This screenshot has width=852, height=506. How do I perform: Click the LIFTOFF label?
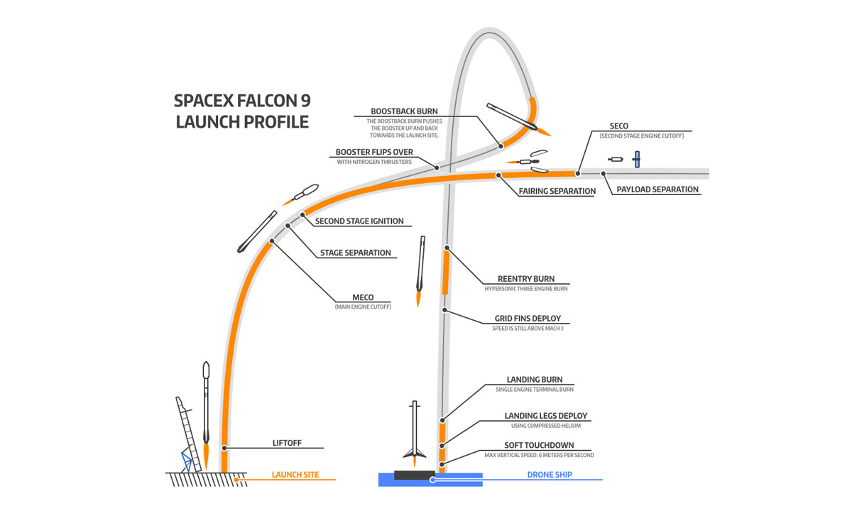tap(287, 443)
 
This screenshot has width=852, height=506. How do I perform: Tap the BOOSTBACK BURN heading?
tap(404, 111)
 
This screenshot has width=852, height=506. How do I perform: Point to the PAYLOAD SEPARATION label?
tap(657, 189)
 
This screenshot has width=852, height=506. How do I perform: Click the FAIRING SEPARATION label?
tap(557, 191)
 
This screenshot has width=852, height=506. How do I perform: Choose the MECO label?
tap(363, 297)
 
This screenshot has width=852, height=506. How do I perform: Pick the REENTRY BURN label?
tap(526, 279)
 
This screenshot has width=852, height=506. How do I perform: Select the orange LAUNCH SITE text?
tap(295, 475)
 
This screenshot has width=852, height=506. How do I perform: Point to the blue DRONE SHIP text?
tap(550, 475)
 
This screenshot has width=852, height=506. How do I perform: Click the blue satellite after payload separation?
tap(637, 159)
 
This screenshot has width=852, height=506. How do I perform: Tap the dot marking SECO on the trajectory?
tap(578, 172)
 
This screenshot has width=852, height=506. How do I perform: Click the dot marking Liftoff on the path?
tap(224, 448)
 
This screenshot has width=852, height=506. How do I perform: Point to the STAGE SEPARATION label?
tap(355, 253)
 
